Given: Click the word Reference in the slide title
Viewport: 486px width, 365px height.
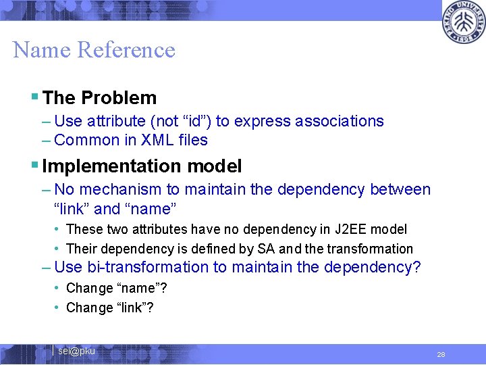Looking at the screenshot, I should pyautogui.click(x=126, y=50).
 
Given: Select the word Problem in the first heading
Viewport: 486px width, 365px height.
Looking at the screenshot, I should pyautogui.click(x=119, y=98).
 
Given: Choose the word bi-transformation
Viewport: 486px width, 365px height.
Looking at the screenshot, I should pyautogui.click(x=143, y=268).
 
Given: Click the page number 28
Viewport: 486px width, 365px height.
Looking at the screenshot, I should pyautogui.click(x=441, y=354).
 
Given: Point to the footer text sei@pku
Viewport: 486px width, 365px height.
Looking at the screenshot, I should pyautogui.click(x=76, y=351).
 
